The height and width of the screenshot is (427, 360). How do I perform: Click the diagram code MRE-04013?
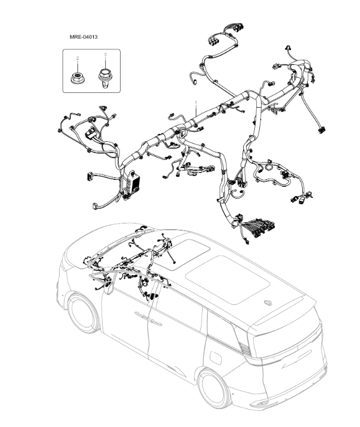click(83, 37)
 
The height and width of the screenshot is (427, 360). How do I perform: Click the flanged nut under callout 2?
click(78, 77)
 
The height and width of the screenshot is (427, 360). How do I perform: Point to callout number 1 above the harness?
click(196, 101)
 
